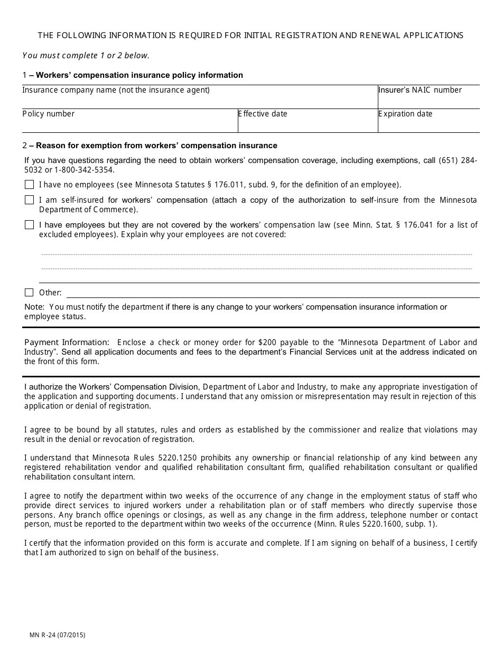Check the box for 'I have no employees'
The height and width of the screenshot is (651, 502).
click(29, 185)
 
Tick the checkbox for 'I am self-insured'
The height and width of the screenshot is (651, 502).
click(29, 200)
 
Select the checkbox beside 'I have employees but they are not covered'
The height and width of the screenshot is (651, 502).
click(29, 225)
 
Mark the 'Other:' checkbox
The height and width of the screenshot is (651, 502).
click(29, 293)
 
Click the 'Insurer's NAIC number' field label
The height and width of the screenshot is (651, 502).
click(420, 90)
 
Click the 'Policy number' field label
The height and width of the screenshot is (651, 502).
click(49, 114)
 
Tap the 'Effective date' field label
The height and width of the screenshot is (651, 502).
click(263, 114)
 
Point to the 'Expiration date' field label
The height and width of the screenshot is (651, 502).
click(405, 114)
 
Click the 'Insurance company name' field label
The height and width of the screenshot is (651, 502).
click(116, 90)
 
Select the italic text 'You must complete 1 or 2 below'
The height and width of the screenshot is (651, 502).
click(86, 55)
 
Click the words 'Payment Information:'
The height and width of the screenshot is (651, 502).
click(67, 342)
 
